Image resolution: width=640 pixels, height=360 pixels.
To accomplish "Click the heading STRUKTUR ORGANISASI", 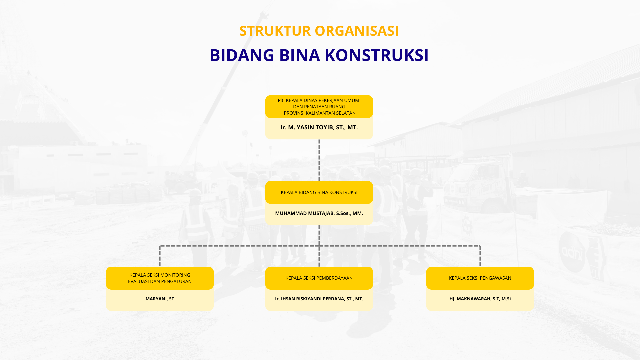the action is pyautogui.click(x=319, y=31).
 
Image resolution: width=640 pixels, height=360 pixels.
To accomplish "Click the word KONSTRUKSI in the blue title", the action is pyautogui.click(x=377, y=55).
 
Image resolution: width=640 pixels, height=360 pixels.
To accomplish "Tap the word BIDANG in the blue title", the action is pyautogui.click(x=242, y=55).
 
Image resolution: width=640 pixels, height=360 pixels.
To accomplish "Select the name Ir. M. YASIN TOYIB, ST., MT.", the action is pyautogui.click(x=319, y=127).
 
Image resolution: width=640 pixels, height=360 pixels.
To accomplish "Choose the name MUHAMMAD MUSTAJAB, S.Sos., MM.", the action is pyautogui.click(x=319, y=213).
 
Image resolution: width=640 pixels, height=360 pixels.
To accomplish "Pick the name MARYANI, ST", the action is pyautogui.click(x=160, y=299).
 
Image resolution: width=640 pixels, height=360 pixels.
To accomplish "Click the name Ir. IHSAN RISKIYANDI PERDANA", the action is pyautogui.click(x=319, y=299).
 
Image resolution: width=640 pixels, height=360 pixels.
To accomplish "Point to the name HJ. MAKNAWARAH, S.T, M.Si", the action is pyautogui.click(x=480, y=299).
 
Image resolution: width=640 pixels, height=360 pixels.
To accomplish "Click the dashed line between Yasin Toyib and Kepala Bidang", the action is pyautogui.click(x=319, y=160).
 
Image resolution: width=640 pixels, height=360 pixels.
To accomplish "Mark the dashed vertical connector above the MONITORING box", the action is pyautogui.click(x=160, y=256).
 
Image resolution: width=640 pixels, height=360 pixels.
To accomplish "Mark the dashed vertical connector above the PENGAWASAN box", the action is pyautogui.click(x=480, y=256).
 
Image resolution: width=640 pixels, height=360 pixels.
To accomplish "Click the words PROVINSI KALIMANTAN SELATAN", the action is pyautogui.click(x=320, y=113).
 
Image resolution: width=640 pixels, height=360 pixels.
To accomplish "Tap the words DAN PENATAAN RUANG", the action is pyautogui.click(x=319, y=107).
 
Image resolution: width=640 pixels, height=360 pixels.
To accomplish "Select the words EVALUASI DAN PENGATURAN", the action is pyautogui.click(x=160, y=281).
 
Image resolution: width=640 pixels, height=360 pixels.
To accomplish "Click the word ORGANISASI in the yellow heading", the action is pyautogui.click(x=357, y=31).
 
